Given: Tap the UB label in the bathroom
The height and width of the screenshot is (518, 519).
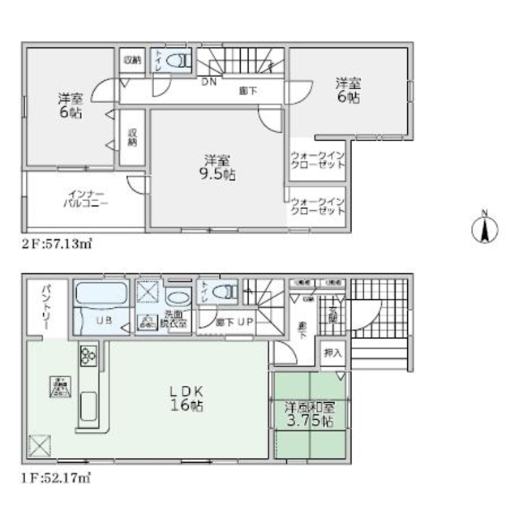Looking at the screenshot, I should (x=105, y=320).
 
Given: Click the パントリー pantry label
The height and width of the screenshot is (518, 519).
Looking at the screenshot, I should (x=39, y=307).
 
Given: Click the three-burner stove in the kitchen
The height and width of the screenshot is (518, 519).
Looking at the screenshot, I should (x=88, y=354).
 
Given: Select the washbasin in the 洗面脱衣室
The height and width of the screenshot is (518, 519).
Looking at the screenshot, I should (x=176, y=295).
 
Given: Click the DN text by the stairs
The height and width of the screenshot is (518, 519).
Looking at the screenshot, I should (x=208, y=81).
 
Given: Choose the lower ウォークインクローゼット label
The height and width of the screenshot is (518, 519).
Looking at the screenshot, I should (x=317, y=206).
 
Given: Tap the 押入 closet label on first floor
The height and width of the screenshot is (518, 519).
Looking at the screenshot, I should (x=333, y=353).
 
